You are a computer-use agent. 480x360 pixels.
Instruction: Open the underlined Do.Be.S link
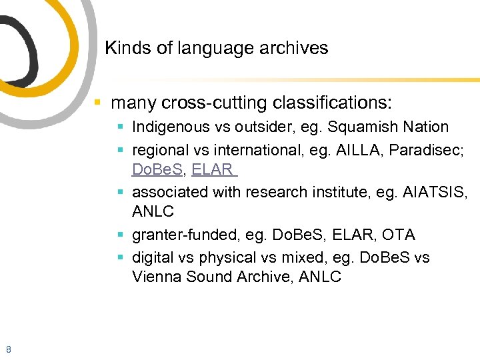point(157,169)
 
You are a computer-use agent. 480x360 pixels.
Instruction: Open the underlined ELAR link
point(212,169)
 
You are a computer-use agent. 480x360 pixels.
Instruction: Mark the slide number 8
point(8,349)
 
